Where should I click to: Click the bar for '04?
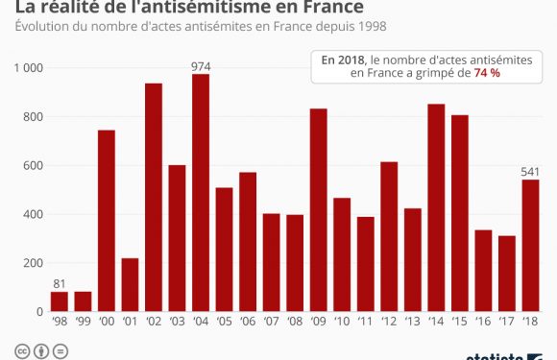click(201, 192)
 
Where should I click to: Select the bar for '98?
click(60, 301)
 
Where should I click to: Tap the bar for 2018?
click(530, 245)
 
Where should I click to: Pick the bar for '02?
click(154, 197)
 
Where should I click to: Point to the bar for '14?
click(436, 207)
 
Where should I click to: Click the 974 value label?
click(201, 66)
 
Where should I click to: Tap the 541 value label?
click(530, 172)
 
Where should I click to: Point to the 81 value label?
click(60, 283)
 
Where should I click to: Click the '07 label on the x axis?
click(271, 324)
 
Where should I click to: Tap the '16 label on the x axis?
click(483, 324)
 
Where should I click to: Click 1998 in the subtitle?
click(354, 26)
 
